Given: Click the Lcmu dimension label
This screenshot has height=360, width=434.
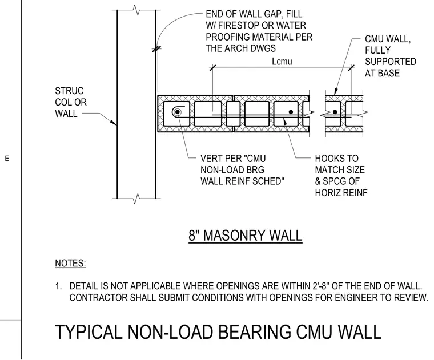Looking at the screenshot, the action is [282, 61].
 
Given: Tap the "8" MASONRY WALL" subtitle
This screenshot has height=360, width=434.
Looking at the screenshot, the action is [245, 236].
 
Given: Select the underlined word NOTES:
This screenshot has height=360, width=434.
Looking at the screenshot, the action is [70, 263].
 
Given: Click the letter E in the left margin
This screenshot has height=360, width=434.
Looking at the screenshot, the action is [7, 159].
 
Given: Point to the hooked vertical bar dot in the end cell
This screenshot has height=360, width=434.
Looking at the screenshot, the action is [178, 112].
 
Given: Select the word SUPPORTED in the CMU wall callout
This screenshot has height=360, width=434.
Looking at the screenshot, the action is [391, 62].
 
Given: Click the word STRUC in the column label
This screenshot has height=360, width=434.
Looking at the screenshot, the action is [69, 91].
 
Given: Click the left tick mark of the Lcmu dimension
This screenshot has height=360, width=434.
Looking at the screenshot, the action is [212, 68].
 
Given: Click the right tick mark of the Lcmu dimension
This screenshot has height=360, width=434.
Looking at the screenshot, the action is [351, 68].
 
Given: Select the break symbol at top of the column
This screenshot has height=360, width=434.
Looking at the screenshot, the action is [136, 10].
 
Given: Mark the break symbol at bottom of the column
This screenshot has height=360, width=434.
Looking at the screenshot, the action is [136, 199].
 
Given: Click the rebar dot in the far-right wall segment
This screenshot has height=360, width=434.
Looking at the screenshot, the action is [335, 112].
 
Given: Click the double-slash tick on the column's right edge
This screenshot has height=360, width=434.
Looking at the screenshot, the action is [156, 49].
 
